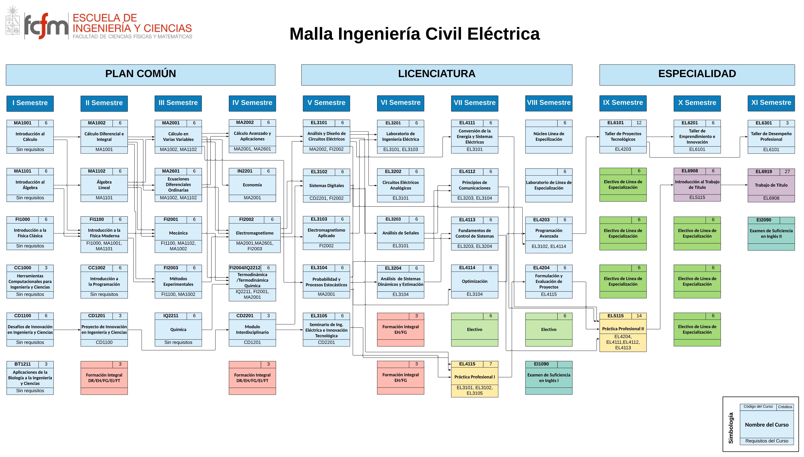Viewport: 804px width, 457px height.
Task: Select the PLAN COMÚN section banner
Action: coord(141,75)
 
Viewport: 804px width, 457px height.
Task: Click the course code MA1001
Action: coord(23,123)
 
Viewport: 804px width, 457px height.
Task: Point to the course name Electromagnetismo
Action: coord(255,233)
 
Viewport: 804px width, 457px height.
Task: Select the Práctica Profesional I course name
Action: coord(474,377)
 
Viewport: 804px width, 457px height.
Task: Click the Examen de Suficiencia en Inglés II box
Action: coord(771,233)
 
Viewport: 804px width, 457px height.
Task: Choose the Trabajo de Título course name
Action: coord(771,185)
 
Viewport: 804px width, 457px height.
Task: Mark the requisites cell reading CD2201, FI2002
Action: coord(326,198)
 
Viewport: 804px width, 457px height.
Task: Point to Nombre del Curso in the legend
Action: coord(767,425)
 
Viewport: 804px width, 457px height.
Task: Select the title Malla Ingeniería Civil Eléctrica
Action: coord(414,34)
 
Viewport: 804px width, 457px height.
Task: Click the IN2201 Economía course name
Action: coord(252,185)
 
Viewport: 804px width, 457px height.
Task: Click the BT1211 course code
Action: coord(23,364)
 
